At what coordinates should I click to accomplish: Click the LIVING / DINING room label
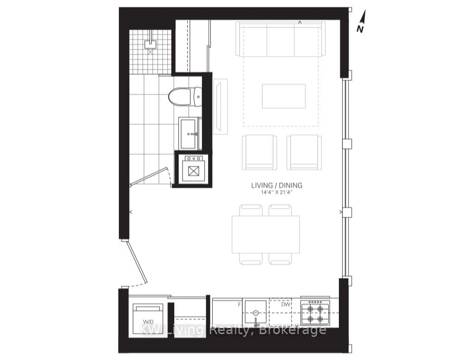pos(276,185)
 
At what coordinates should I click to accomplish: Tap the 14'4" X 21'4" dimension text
pos(276,192)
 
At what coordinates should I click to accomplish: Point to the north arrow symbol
pos(362,23)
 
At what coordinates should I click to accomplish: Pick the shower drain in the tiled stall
pos(150,51)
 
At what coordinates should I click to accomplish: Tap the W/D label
pos(148,321)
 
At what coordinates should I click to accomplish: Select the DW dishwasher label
pos(285,304)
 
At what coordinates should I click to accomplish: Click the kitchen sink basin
pos(255,312)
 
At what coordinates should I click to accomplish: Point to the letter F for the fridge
pos(239,304)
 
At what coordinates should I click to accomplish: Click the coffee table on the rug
pos(283,96)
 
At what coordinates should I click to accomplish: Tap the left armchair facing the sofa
pos(259,152)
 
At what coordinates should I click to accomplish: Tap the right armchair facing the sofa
pos(304,152)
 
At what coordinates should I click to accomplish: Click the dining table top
pos(265,234)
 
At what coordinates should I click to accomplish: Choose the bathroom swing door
pos(149,177)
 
